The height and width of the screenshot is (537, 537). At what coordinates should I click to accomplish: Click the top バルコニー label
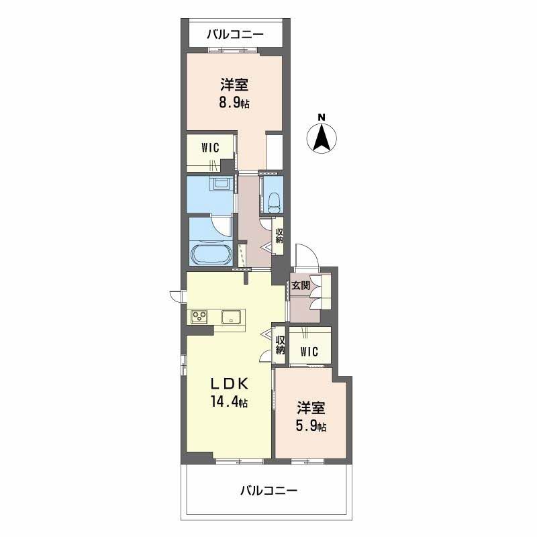pos(235,35)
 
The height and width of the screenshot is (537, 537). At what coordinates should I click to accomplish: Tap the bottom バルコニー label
pos(268,491)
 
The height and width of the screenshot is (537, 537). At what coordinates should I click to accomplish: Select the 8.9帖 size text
pos(234,103)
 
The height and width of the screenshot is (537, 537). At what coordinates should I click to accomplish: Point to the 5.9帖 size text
pos(311,427)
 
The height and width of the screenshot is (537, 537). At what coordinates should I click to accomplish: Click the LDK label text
pos(229,384)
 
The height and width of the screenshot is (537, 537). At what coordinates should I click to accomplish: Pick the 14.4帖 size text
pos(228,401)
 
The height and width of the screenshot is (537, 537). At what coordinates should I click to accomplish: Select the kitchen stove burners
pos(199,316)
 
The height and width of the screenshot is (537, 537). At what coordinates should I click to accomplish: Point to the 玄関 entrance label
pos(300,285)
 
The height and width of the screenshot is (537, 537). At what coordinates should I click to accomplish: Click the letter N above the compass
pos(322,117)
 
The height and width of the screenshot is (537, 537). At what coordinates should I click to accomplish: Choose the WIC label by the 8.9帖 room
pos(210,148)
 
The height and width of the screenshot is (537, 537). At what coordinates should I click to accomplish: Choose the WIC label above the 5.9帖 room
pos(309,351)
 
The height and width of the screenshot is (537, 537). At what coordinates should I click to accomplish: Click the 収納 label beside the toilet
pos(279,236)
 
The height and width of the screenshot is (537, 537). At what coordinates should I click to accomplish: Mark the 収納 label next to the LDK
pos(281,345)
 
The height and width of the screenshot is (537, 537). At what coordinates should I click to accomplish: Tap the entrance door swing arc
pos(307,255)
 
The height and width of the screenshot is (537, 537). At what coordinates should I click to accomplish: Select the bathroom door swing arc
pos(223,228)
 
